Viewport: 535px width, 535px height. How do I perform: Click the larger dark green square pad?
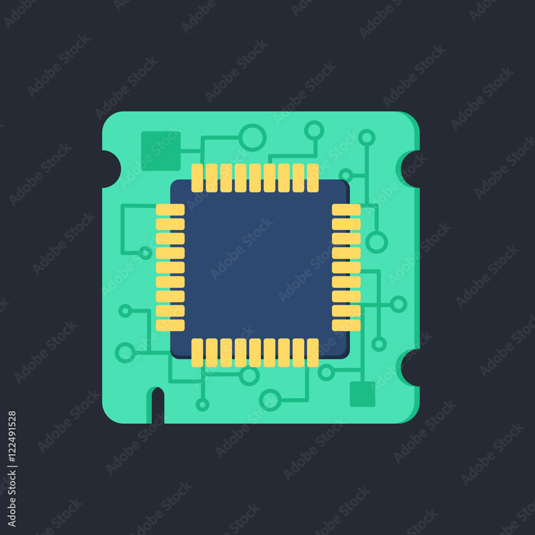tap(160, 151)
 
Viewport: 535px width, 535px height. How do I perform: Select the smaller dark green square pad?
tap(362, 394)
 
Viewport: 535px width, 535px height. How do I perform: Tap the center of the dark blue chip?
tap(259, 269)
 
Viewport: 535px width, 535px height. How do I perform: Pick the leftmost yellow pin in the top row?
tap(197, 178)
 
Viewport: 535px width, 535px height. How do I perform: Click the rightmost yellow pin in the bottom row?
tap(313, 353)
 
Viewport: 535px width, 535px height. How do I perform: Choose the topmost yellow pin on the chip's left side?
tap(170, 210)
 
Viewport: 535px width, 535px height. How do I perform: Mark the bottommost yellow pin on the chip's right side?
tap(346, 325)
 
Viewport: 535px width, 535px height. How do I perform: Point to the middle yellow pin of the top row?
tap(255, 178)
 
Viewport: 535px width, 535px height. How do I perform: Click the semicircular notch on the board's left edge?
tap(111, 169)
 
